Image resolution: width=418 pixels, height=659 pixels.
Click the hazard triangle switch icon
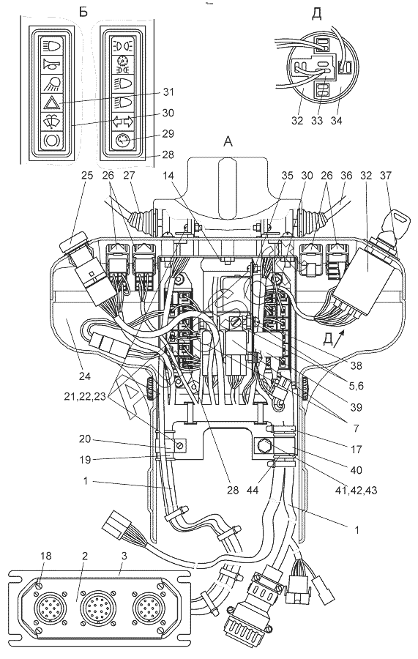(x=52, y=102)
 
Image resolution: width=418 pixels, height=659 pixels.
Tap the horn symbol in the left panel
(x=51, y=64)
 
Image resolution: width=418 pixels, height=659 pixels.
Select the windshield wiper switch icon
(x=52, y=121)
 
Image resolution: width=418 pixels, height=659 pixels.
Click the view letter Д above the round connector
(x=317, y=14)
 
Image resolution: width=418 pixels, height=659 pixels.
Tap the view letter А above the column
(x=228, y=142)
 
